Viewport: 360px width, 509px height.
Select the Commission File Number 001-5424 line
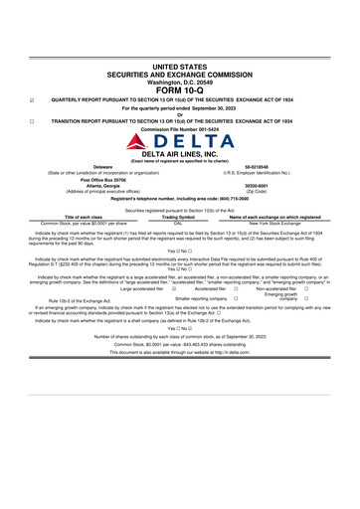179,129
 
